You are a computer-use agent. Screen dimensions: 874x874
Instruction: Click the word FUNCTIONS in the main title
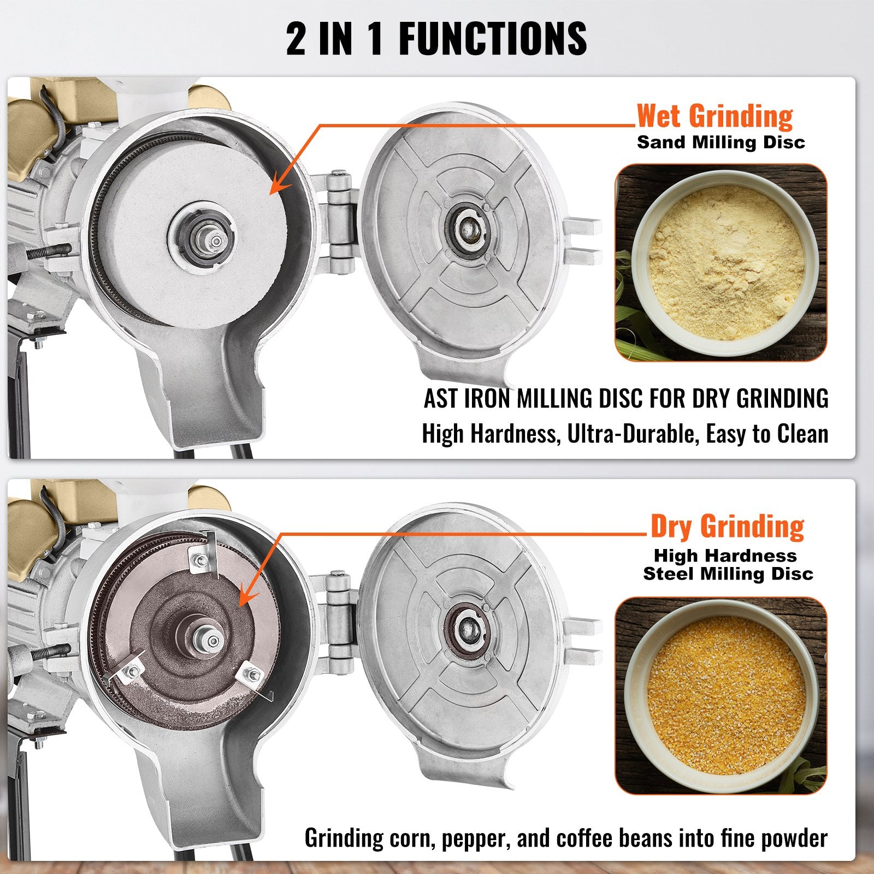(x=493, y=39)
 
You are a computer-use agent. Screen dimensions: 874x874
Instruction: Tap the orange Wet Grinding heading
(x=714, y=116)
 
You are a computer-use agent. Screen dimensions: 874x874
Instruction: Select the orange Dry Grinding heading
(x=727, y=526)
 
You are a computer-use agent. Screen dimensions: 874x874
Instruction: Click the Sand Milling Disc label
(x=721, y=143)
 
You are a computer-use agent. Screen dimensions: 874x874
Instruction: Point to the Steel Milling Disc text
(x=728, y=574)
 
